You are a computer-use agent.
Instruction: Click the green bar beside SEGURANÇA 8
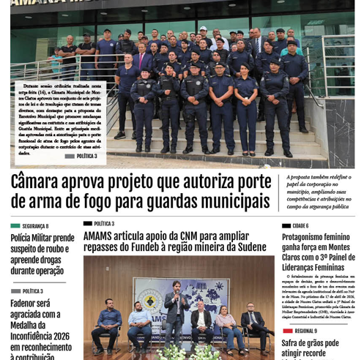click(15, 227)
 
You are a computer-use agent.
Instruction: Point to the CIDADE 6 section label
click(300, 226)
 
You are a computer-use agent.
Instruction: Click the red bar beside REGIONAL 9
click(287, 331)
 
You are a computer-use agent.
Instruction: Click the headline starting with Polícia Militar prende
click(42, 254)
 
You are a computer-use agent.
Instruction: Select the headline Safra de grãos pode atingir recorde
click(311, 348)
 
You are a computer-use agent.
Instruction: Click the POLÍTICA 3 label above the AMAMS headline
click(103, 224)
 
